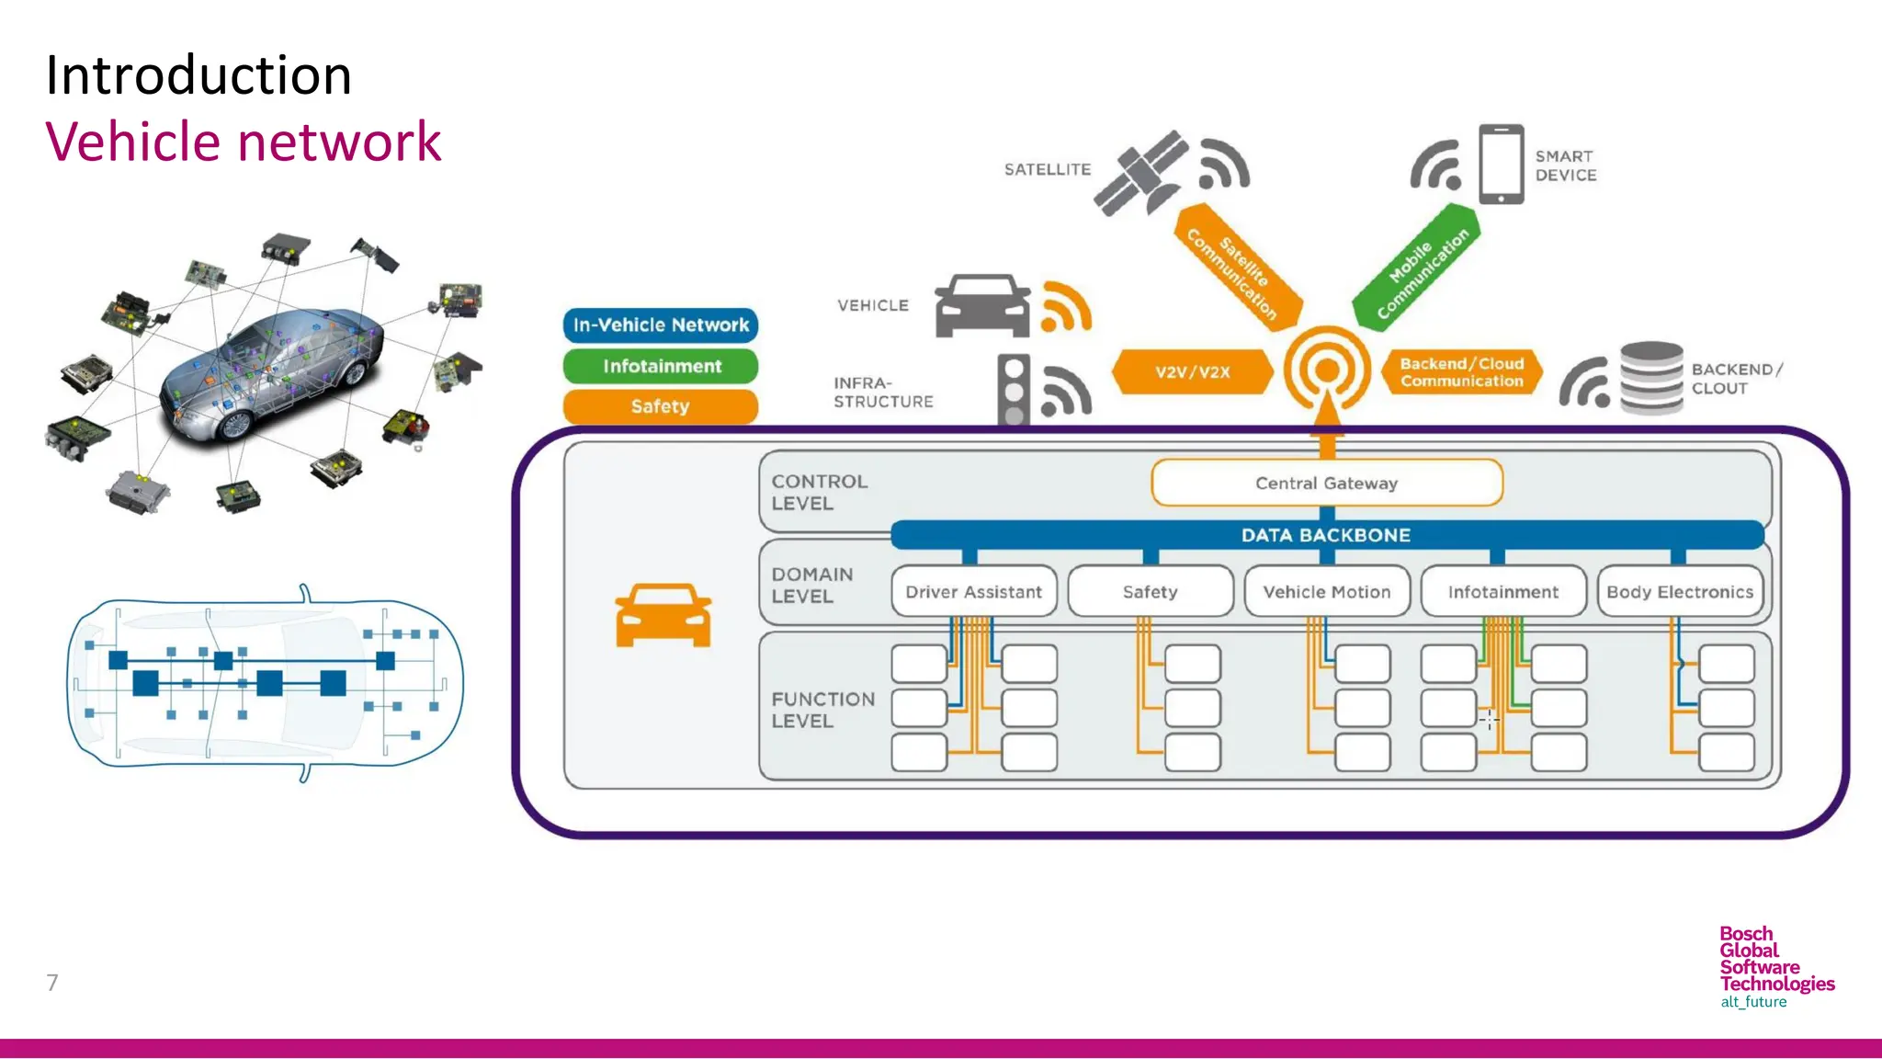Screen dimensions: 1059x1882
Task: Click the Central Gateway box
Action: [x=1326, y=483]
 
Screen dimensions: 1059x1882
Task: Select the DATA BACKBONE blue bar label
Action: [x=1325, y=535]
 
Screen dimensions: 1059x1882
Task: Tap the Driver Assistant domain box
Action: [x=973, y=592]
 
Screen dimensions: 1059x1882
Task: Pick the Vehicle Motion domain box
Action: [x=1326, y=592]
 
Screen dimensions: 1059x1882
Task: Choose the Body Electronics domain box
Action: [x=1679, y=592]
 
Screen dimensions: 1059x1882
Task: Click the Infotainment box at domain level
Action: [x=1502, y=592]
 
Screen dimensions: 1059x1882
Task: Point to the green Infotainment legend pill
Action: [x=661, y=366]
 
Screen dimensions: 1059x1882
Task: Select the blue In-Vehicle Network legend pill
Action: [x=661, y=325]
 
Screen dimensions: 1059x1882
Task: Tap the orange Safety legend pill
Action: [x=661, y=406]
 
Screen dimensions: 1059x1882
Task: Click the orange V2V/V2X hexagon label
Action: [x=1192, y=372]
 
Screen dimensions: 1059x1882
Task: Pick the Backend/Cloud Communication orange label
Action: [x=1461, y=372]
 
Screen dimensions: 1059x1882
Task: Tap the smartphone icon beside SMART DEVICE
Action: [x=1501, y=165]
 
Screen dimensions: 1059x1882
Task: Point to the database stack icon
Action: [x=1651, y=378]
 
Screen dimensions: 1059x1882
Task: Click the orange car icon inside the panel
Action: [x=663, y=615]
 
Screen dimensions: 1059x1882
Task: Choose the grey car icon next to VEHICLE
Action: [x=982, y=306]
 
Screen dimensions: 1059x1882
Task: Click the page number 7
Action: [x=52, y=983]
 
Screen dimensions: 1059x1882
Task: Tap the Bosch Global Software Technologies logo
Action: [x=1774, y=966]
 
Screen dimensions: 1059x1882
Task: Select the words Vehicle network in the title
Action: [x=244, y=142]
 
